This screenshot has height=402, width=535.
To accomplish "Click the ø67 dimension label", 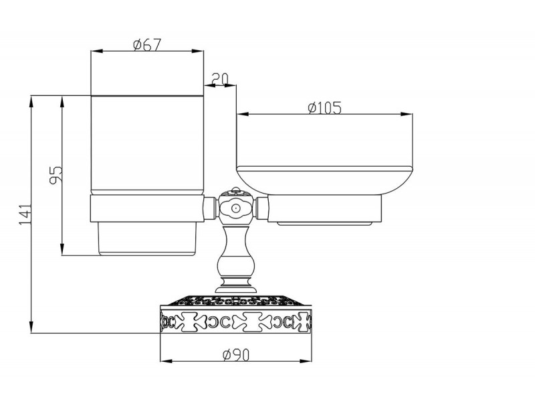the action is (147, 45).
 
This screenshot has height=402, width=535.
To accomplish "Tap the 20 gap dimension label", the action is (220, 79).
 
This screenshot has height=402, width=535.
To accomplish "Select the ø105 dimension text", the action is (324, 108).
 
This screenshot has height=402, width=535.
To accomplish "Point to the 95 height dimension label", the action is (56, 175).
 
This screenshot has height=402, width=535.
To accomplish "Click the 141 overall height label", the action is (25, 214).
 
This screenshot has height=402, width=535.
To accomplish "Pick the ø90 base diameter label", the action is (236, 355).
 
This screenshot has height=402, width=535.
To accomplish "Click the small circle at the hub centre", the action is (235, 208).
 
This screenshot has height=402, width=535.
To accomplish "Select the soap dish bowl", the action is (324, 180).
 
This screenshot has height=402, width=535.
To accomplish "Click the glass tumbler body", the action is (147, 143).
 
